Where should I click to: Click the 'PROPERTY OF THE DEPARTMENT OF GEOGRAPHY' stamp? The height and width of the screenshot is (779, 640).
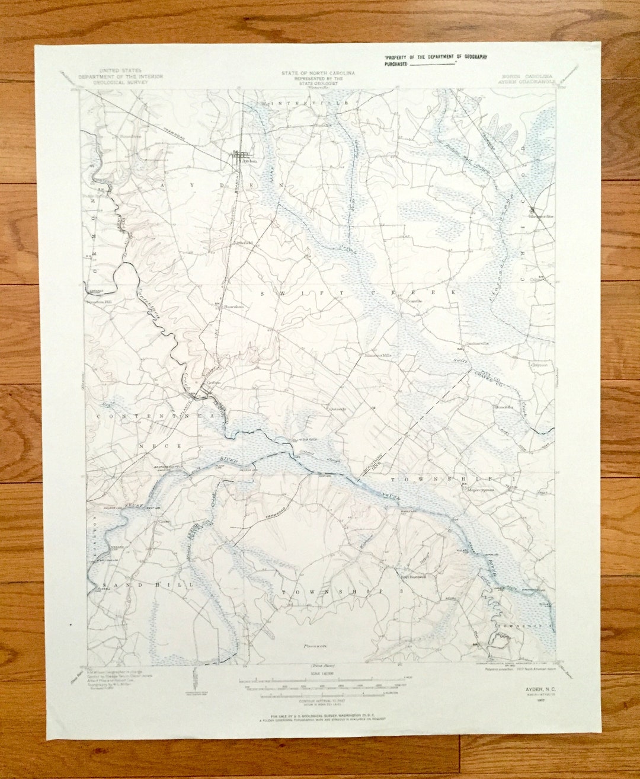[x=435, y=57]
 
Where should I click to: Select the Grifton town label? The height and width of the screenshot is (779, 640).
[x=213, y=382]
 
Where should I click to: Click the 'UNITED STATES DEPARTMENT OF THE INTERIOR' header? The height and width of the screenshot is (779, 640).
[x=120, y=76]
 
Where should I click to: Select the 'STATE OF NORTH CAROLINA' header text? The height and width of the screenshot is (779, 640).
[x=318, y=73]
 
